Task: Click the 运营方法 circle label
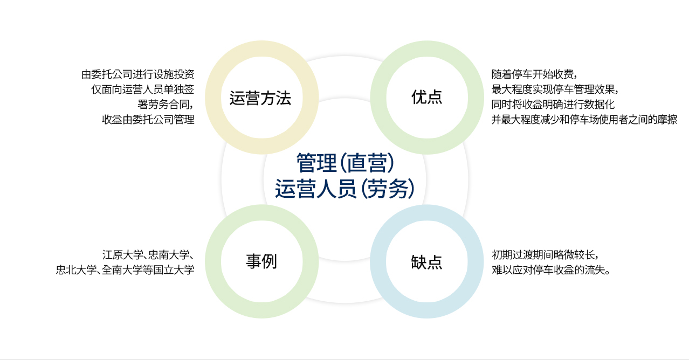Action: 260,98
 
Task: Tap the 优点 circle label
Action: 426,97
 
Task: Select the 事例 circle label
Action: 261,261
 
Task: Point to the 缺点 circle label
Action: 426,262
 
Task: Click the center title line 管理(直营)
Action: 345,163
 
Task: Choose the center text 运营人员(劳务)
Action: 345,189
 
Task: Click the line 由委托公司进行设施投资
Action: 138,74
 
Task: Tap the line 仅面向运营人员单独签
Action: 143,89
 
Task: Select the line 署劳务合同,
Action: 166,104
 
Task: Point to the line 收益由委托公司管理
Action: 148,119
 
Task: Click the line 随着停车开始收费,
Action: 534,74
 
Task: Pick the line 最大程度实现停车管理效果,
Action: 555,89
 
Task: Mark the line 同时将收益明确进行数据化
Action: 553,104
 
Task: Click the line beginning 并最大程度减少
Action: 584,119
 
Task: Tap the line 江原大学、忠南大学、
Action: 148,255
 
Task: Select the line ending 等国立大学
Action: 125,270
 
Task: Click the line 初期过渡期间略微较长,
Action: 545,255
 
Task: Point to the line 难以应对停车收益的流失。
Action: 551,270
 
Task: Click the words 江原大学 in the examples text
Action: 123,255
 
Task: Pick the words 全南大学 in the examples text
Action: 122,270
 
